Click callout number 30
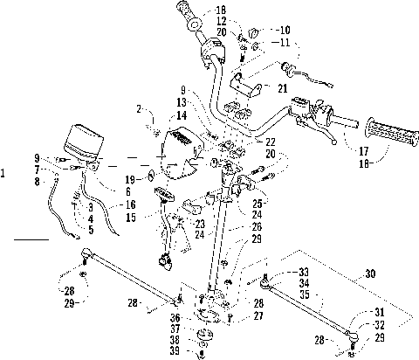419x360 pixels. point(370,273)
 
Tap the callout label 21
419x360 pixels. point(282,88)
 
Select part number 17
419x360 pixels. point(364,151)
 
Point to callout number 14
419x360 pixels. point(182,115)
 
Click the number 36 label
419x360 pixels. point(175,318)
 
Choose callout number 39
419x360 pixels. point(175,351)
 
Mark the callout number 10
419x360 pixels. point(285,30)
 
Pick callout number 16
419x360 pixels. point(131,204)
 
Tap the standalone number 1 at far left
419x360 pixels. point(3,174)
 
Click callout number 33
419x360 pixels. point(304,272)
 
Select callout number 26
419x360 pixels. point(257,226)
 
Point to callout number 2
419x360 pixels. point(139,109)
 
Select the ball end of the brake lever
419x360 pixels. point(334,142)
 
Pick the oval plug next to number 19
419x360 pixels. point(152,176)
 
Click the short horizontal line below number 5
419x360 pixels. point(31,239)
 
